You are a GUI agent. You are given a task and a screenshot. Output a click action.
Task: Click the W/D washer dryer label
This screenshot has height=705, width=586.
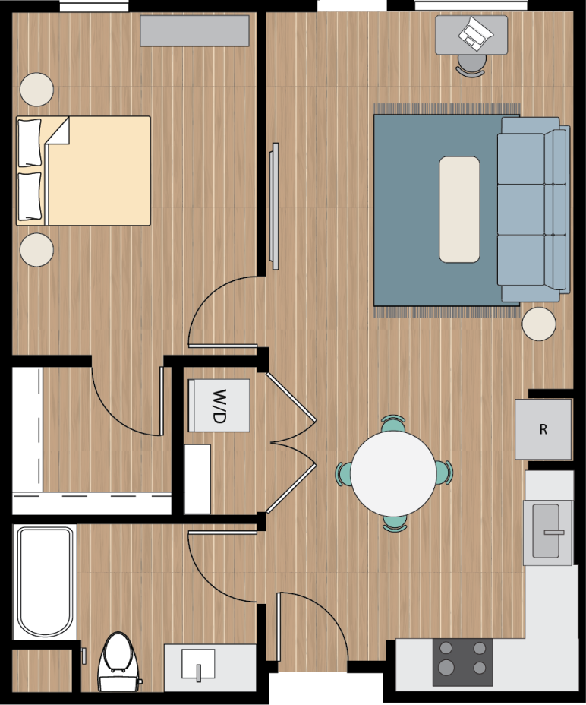point(219,406)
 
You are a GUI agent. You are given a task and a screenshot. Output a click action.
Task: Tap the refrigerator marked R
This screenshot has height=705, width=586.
point(543,429)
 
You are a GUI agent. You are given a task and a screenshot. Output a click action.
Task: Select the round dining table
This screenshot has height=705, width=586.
point(393,473)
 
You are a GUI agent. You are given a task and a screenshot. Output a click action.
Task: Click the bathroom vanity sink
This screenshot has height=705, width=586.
point(199,667)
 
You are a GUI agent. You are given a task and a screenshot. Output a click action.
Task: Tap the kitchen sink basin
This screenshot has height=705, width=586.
point(547,530)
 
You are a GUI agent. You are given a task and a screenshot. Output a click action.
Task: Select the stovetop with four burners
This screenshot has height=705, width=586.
point(462,661)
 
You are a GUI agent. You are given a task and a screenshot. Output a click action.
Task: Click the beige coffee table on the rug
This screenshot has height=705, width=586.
point(459,210)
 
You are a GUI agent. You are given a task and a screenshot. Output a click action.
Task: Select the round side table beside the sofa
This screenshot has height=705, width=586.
point(539,324)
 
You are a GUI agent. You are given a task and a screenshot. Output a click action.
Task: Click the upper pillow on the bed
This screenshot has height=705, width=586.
point(30,142)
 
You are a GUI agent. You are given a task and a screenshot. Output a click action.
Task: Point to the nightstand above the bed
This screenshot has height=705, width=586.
point(36,90)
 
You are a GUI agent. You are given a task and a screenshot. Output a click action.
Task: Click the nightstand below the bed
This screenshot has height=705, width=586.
point(36,250)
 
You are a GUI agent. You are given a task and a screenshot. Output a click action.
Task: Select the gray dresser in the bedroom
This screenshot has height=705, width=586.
point(194,31)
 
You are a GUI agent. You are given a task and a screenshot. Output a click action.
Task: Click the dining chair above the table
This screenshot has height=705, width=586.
point(393,422)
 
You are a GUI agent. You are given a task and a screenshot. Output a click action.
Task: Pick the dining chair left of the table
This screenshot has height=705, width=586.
point(343,473)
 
